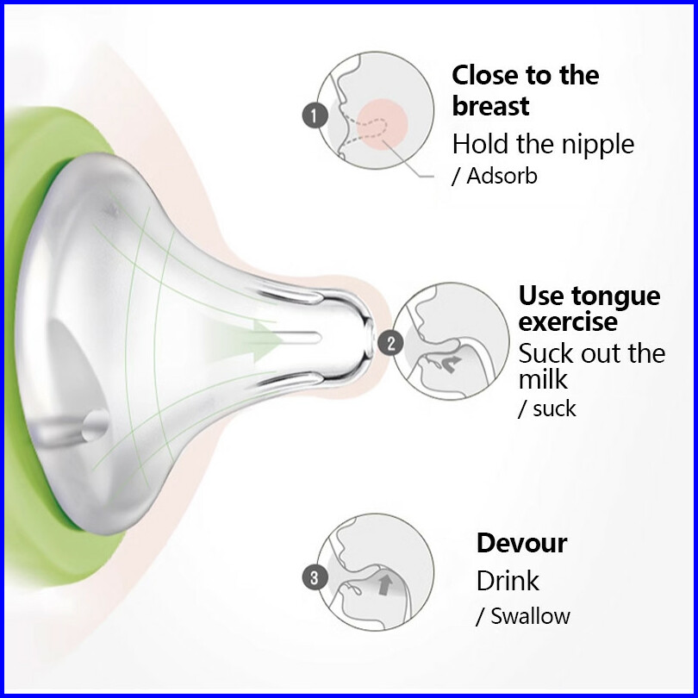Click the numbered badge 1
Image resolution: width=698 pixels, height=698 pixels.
pos(314,114)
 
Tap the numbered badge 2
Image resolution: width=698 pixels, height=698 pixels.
pos(391,344)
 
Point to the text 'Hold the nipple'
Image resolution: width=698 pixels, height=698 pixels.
pos(543,143)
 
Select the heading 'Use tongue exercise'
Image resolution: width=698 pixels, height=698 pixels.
pos(589,308)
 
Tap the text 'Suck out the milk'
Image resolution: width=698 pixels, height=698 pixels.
pos(591,366)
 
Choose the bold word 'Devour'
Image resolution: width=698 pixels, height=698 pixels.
pos(521,543)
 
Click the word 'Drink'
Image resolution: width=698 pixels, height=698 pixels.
pos(508,580)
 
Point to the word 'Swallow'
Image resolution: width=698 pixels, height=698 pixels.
pos(530,616)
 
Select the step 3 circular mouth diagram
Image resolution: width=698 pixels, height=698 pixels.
pos(376,573)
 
